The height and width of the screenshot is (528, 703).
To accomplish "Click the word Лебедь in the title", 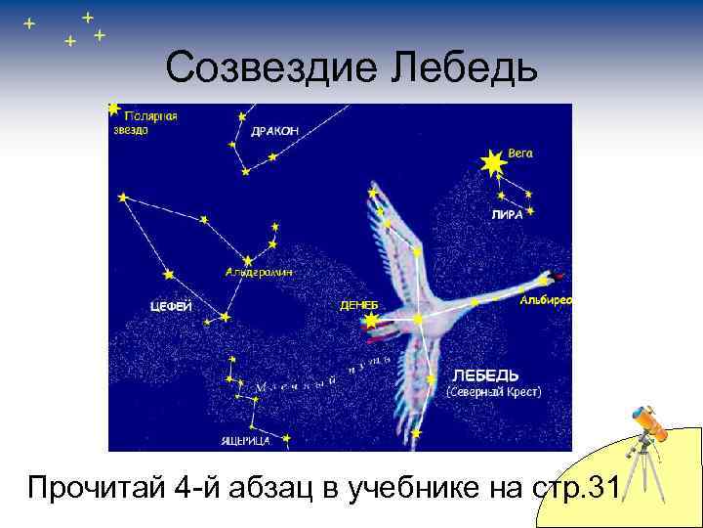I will [x=466, y=67].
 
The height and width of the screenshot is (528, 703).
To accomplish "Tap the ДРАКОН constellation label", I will [x=274, y=131].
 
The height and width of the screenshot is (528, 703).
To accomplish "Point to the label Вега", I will [x=521, y=154].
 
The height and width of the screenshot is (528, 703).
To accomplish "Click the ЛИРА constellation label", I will [x=507, y=215].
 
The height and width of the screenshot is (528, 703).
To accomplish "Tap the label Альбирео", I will [x=547, y=300].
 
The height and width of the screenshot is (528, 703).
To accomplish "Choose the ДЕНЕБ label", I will [x=359, y=305].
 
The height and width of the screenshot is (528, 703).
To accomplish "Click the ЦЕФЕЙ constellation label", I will [x=171, y=306].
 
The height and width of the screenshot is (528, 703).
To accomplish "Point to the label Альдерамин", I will [x=258, y=272].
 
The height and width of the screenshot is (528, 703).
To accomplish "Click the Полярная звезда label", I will [x=145, y=122].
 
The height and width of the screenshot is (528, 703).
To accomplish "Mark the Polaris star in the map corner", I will [x=114, y=110].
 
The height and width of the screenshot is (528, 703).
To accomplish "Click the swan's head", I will [x=549, y=280].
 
